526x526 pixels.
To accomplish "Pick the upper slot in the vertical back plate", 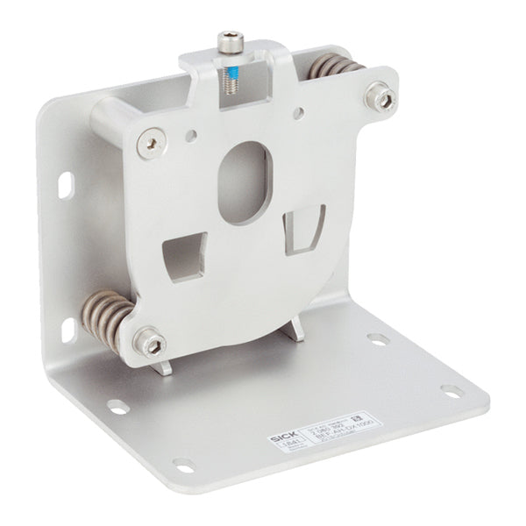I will coord(67,185).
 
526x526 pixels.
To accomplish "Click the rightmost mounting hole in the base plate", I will coord(452,390).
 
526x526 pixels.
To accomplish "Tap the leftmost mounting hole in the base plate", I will coord(117,406).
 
